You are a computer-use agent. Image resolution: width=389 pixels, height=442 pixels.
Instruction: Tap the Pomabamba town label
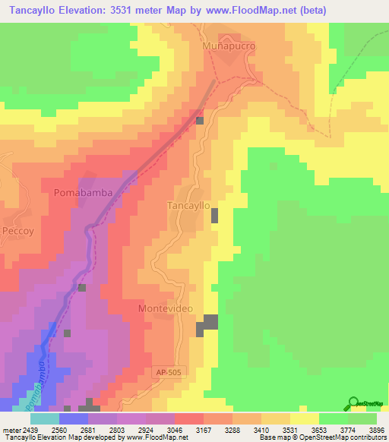84,193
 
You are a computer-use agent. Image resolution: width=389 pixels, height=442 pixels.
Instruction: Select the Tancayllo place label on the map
188,206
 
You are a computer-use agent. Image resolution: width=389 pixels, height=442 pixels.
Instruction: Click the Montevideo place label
166,308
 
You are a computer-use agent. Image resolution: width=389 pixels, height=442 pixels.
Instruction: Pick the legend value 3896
366,430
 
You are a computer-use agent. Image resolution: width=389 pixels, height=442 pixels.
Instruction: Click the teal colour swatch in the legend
44,418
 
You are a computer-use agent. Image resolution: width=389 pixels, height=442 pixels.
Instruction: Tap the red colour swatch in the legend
188,418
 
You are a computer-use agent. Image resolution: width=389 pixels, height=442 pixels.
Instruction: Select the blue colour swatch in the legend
73,418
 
